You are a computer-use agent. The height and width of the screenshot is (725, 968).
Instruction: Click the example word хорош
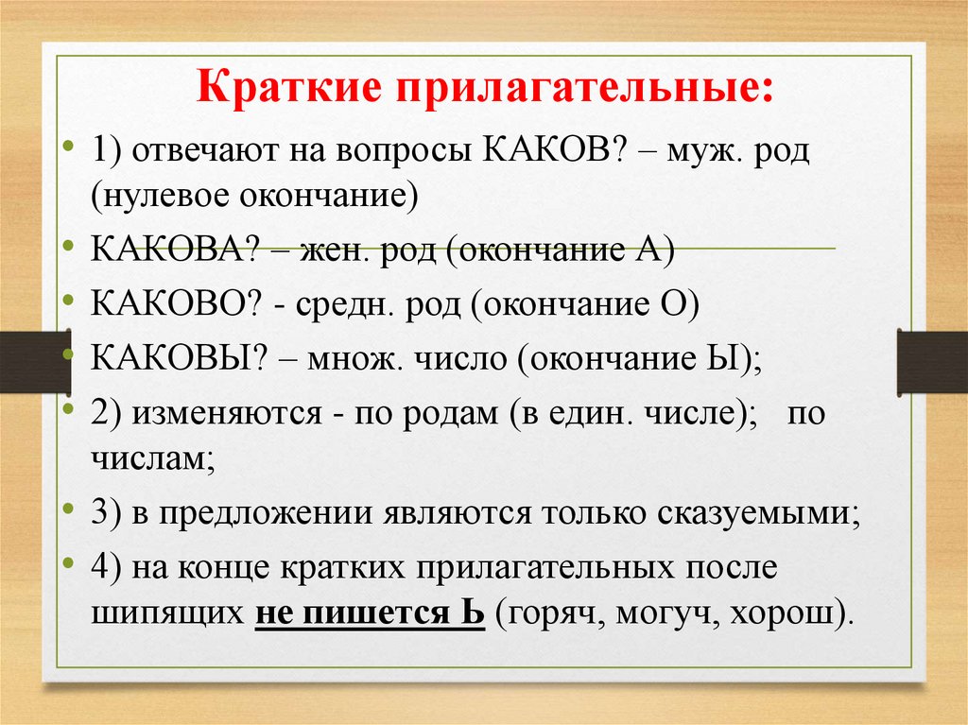pos(791,614)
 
